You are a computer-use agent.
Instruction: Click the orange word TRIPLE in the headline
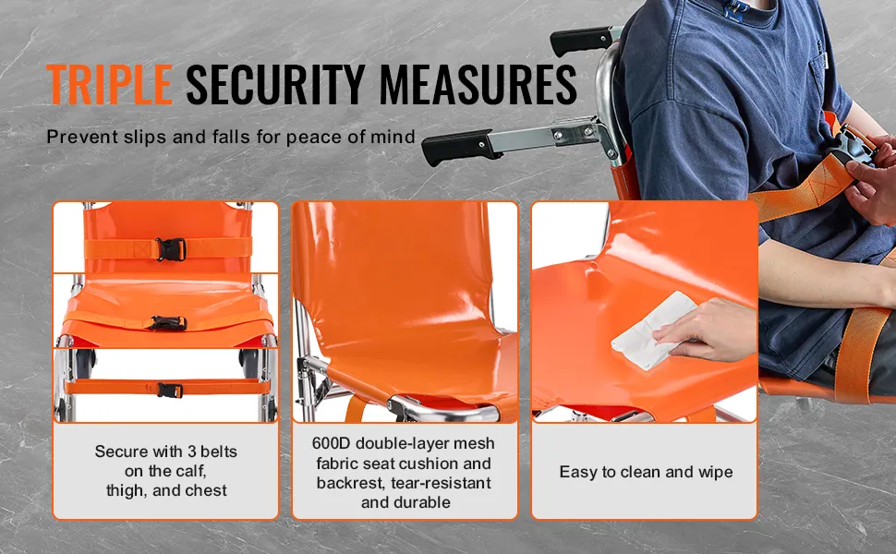click(109, 85)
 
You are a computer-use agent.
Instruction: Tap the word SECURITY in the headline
click(275, 85)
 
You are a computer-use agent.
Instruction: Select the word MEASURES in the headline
click(478, 85)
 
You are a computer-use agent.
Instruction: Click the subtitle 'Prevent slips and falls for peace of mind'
click(231, 137)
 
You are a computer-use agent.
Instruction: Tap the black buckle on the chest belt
click(170, 249)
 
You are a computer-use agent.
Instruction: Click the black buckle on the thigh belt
click(169, 323)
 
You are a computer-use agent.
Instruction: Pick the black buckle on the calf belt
click(170, 390)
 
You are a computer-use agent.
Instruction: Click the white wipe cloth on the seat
click(651, 331)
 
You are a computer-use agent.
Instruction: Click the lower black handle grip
click(457, 147)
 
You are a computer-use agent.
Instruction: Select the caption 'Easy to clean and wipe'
click(646, 472)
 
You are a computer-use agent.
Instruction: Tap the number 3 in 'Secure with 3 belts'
click(192, 452)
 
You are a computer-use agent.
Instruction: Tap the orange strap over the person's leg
click(857, 355)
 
